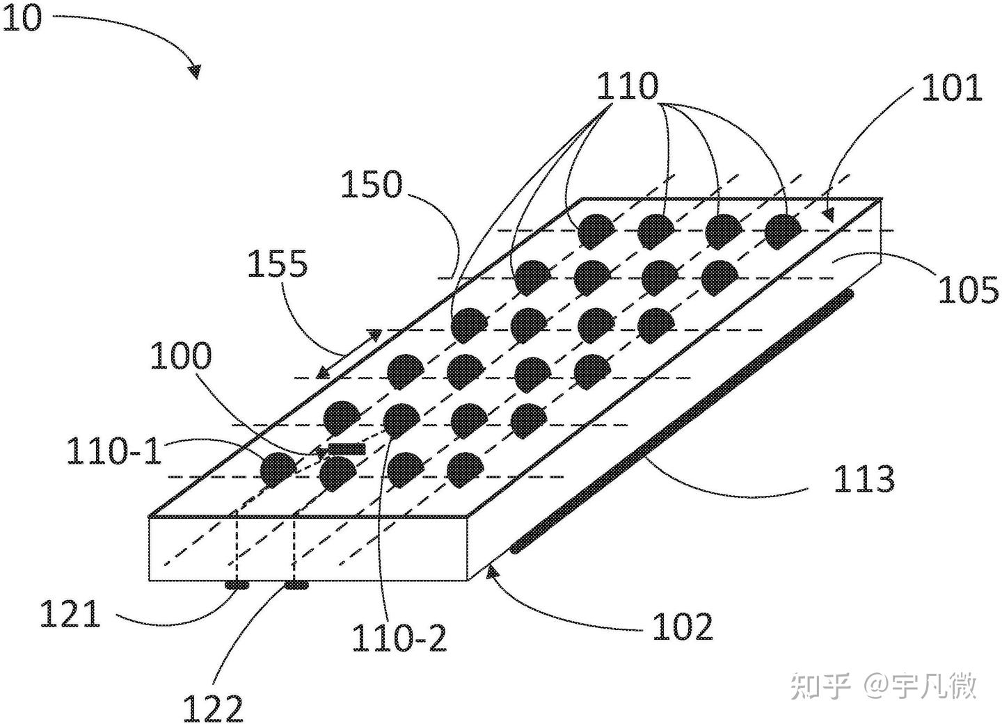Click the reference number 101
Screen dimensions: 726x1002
(951, 88)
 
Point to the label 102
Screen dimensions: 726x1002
(683, 627)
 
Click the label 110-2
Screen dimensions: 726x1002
(399, 638)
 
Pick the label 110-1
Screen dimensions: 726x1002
(114, 452)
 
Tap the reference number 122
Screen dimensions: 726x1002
(213, 709)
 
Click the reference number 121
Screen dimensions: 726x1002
(70, 615)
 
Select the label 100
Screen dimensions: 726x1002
(180, 356)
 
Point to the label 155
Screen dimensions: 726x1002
(278, 265)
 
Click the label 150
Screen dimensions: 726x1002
(372, 185)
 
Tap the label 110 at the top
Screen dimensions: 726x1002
(626, 87)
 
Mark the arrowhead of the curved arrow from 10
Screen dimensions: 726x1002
(194, 71)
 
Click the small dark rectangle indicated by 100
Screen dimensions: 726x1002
(346, 449)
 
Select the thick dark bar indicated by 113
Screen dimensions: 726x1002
(682, 421)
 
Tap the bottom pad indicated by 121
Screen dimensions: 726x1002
(237, 586)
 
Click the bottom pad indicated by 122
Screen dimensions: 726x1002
(296, 586)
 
